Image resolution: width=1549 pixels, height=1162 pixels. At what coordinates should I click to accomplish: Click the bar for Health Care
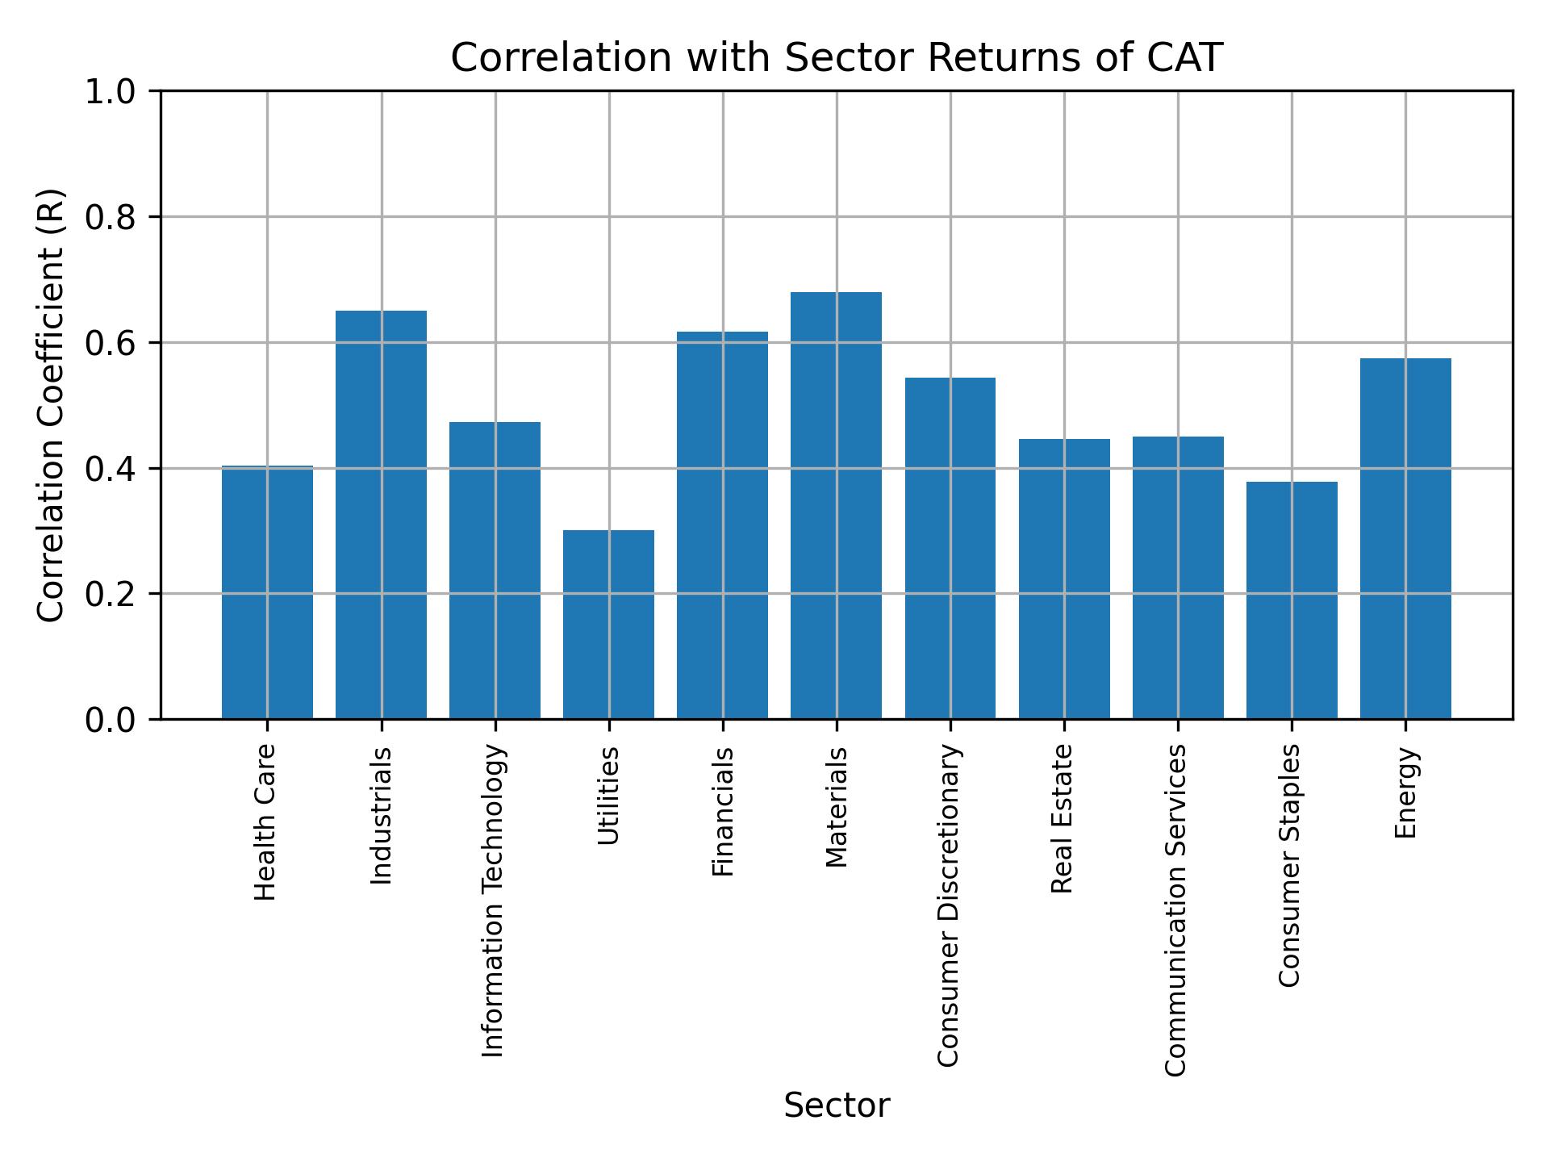(x=267, y=592)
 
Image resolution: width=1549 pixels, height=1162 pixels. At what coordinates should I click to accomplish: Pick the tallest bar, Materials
(x=836, y=505)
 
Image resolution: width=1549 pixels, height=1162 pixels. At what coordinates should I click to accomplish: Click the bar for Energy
(x=1405, y=538)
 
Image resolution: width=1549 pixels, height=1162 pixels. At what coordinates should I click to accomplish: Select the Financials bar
(x=722, y=525)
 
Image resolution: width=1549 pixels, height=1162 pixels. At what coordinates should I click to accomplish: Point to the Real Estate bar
(x=1064, y=579)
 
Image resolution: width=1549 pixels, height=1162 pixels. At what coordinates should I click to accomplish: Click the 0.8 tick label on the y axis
(x=111, y=217)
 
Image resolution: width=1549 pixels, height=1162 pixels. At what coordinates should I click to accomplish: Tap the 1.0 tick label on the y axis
(x=111, y=91)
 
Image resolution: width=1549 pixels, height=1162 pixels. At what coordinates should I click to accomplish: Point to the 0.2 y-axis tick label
(x=111, y=594)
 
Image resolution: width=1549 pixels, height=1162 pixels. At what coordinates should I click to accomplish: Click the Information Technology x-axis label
(x=493, y=901)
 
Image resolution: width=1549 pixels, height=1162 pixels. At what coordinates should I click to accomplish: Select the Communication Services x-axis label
(x=1175, y=909)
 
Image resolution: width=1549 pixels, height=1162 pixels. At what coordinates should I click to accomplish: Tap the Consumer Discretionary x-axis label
(x=949, y=905)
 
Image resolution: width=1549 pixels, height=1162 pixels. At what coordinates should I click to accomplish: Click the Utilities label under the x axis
(x=608, y=796)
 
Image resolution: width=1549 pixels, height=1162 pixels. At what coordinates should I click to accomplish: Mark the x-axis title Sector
(x=837, y=1106)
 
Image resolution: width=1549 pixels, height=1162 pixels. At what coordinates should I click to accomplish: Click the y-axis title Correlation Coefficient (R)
(x=51, y=405)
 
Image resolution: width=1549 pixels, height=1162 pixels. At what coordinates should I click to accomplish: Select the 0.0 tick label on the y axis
(x=111, y=720)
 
